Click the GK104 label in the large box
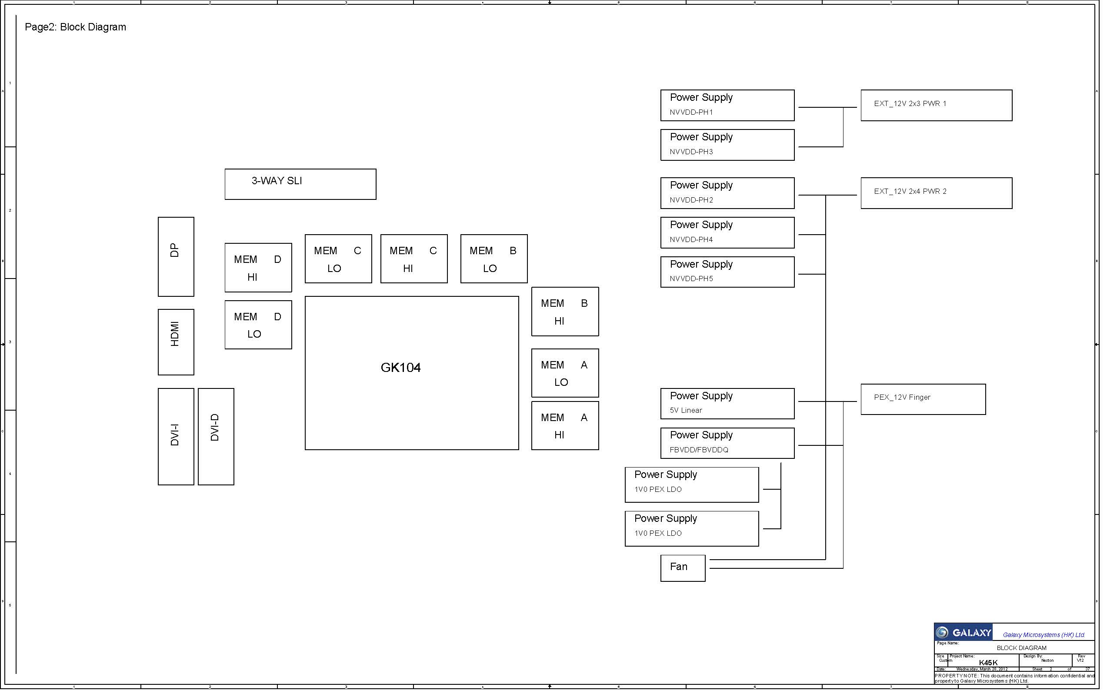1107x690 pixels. [400, 368]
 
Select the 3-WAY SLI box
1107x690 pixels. [300, 184]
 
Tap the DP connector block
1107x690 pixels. [176, 256]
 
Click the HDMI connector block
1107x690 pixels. [176, 342]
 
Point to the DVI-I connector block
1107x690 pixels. [176, 436]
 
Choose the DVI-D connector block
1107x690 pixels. [216, 436]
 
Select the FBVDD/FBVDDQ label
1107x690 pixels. [699, 450]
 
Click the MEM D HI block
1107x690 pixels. [258, 268]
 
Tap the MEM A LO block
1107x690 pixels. [565, 373]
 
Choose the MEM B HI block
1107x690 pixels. [565, 312]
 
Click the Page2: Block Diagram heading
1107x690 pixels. [75, 27]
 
